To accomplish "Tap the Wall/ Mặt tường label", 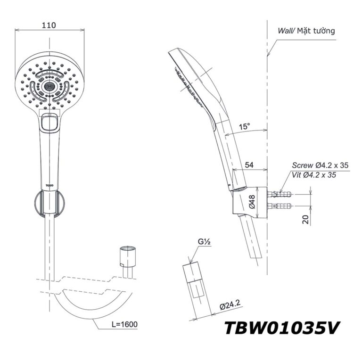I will [x=306, y=31].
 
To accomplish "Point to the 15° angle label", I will [x=245, y=127].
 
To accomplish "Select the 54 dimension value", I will [x=250, y=165].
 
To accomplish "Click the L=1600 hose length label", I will [x=124, y=325].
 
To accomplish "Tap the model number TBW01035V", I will [x=280, y=328].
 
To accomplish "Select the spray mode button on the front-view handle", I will [x=49, y=123].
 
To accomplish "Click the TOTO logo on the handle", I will [x=49, y=180].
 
